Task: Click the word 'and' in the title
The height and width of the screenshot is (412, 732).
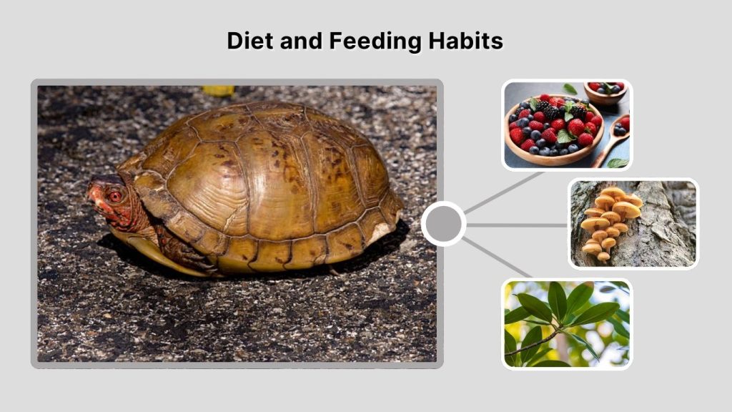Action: click(x=301, y=41)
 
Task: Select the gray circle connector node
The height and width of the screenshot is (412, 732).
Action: click(x=443, y=224)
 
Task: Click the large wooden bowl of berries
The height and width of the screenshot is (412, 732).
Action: click(x=550, y=132)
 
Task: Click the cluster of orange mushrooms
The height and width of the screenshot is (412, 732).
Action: click(x=608, y=218)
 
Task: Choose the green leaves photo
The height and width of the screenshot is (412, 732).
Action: click(x=567, y=323)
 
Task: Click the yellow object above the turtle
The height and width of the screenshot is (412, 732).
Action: click(x=218, y=91)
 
